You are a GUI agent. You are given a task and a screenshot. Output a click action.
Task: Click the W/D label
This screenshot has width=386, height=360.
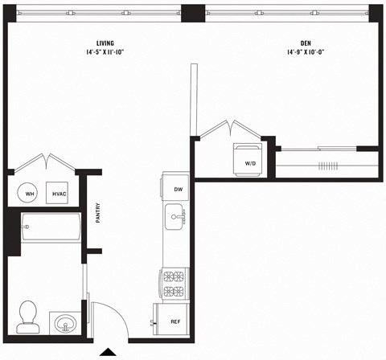[250, 164]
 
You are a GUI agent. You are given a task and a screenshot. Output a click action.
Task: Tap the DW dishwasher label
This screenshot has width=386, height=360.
[178, 190]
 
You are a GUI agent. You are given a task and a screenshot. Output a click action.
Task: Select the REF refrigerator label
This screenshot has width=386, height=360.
[175, 321]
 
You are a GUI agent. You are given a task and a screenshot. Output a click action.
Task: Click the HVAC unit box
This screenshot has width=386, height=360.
[59, 194]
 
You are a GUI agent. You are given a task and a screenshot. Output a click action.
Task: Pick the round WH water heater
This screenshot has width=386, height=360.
[29, 194]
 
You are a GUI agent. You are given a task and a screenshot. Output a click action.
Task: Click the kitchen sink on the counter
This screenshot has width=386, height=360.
[175, 216]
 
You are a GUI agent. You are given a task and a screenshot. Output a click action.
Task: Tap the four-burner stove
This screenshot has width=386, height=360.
[175, 283]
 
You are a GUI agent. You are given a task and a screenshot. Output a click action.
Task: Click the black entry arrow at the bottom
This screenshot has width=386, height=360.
[107, 352]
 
